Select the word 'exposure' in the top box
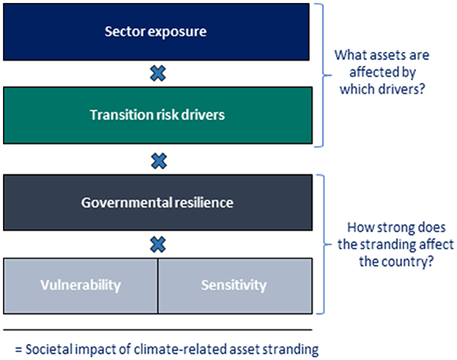point(180,32)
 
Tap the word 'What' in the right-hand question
point(349,55)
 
